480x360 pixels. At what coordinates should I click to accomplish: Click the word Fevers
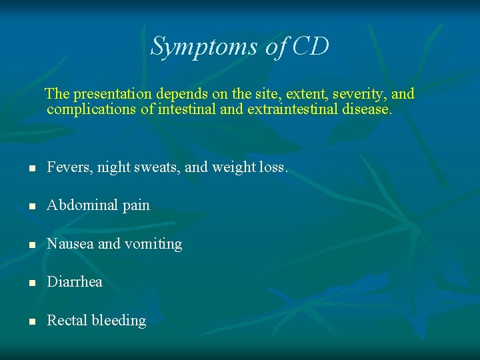click(69, 167)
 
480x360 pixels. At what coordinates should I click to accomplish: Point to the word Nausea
click(70, 244)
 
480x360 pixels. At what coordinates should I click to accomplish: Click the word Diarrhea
click(75, 282)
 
